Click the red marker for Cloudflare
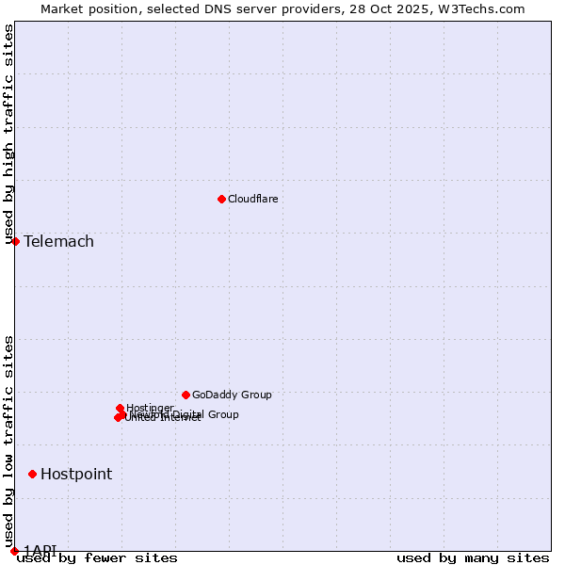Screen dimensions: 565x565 pyautogui.click(x=221, y=199)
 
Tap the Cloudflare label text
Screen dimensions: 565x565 pyautogui.click(x=252, y=199)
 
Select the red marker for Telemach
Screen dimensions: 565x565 pyautogui.click(x=15, y=241)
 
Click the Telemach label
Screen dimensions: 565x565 pyautogui.click(x=58, y=242)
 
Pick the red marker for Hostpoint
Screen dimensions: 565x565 pyautogui.click(x=32, y=474)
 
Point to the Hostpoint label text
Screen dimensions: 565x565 pyautogui.click(x=75, y=475)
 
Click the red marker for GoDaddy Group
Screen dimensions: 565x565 pyautogui.click(x=186, y=395)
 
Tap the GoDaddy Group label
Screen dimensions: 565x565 pyautogui.click(x=232, y=395)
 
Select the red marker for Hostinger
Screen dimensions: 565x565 pyautogui.click(x=120, y=408)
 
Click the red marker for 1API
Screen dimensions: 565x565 pyautogui.click(x=14, y=551)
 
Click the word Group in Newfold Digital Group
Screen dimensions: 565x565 pyautogui.click(x=222, y=414)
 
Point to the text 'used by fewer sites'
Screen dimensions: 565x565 pyautogui.click(x=97, y=558)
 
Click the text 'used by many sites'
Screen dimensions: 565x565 pyautogui.click(x=473, y=558)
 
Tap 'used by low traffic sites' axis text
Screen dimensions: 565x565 pyautogui.click(x=8, y=442)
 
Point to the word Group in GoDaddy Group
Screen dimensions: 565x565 pyautogui.click(x=255, y=395)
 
